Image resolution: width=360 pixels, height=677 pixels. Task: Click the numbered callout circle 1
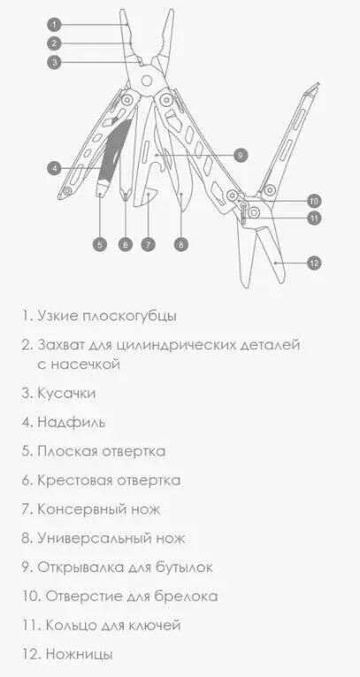54,25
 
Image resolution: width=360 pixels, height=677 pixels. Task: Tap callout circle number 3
54,62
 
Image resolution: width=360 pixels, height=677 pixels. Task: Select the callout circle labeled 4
54,168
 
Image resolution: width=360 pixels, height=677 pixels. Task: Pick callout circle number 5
100,244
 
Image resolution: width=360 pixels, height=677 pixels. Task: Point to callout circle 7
148,244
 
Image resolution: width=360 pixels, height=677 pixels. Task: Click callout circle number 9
241,155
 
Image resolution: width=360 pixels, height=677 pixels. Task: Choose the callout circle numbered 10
314,201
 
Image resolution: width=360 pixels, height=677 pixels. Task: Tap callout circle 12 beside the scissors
314,263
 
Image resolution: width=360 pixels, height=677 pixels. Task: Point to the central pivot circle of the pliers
147,81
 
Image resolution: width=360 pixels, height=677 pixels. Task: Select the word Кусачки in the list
66,393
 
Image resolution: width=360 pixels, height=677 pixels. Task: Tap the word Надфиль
72,422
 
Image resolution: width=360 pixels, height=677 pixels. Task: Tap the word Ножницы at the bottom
79,654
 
